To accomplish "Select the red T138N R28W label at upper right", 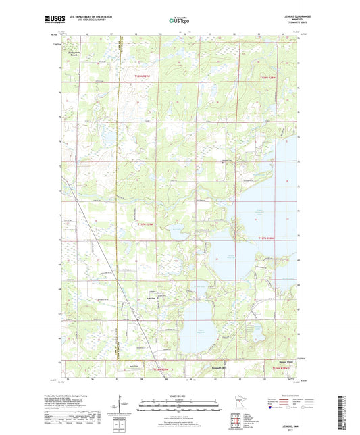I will (x=267, y=78).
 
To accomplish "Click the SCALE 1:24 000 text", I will (x=180, y=395).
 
